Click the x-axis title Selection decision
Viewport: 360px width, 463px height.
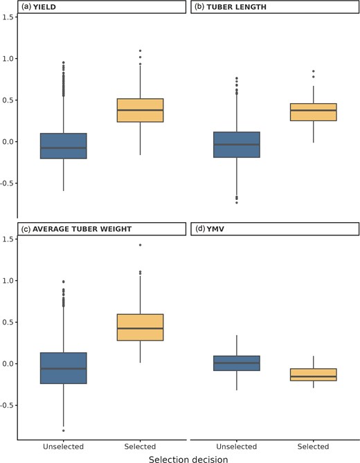coord(188,457)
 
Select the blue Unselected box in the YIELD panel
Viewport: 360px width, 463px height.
coord(64,146)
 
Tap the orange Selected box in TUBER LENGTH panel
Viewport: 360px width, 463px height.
coord(314,112)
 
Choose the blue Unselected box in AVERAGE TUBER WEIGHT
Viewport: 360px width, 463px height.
coord(64,368)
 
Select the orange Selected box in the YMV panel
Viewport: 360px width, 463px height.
coord(314,374)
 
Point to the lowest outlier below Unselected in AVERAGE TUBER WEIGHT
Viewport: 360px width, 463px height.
coord(64,430)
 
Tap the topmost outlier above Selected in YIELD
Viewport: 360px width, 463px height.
coord(141,51)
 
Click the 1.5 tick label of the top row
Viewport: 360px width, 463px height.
coord(8,17)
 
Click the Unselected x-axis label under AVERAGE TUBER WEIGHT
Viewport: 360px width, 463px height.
coord(64,446)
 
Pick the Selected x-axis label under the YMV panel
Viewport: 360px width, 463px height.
coord(314,446)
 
